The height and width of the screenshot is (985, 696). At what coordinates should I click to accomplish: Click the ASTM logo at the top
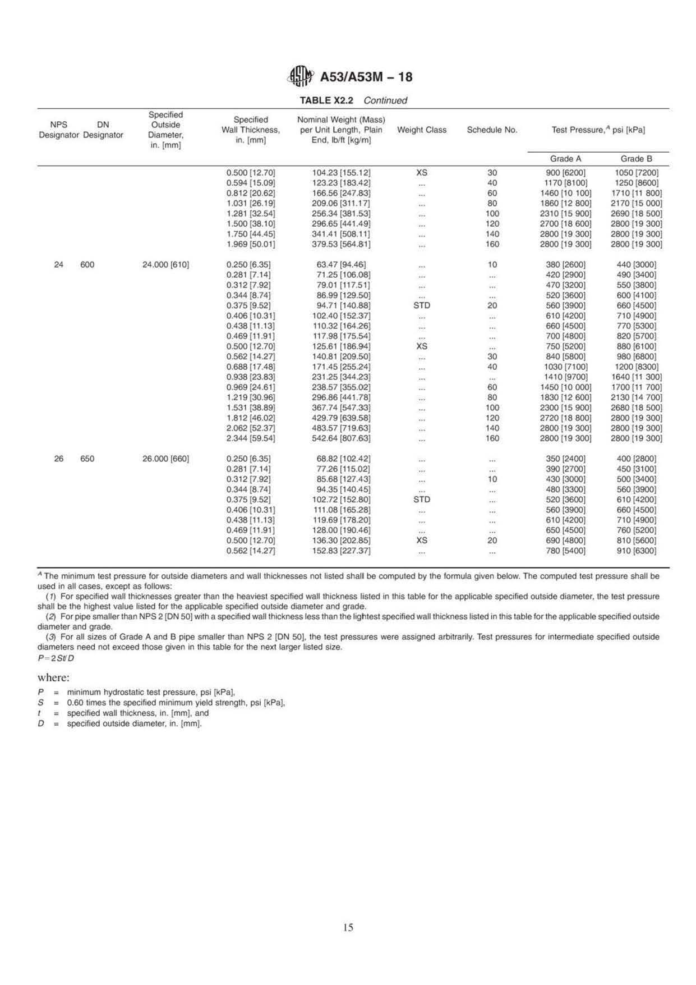tap(301, 77)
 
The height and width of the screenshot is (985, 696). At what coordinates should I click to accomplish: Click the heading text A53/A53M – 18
tap(366, 77)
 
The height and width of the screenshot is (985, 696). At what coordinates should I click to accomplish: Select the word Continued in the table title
tap(385, 100)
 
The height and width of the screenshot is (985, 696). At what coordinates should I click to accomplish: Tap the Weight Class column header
tap(422, 130)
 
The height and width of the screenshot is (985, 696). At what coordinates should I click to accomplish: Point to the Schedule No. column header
tap(492, 130)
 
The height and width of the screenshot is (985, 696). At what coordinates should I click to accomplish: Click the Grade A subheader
tap(561, 159)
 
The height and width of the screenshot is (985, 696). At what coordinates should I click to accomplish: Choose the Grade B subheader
tap(636, 159)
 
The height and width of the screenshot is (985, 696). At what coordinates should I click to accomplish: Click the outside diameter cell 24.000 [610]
tap(165, 264)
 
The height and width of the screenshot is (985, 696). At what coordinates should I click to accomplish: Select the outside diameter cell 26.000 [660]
tap(165, 459)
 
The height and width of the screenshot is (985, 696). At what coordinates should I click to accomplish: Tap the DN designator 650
tap(87, 459)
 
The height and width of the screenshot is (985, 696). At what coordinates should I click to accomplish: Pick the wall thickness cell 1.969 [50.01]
tap(251, 244)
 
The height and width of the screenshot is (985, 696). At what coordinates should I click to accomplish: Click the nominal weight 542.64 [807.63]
tap(341, 438)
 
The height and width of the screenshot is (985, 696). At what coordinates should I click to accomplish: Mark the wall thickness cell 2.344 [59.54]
tap(251, 438)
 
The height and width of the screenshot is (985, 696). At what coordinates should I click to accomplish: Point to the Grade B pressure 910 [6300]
tap(636, 551)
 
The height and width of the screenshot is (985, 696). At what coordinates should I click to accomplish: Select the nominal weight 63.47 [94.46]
tap(341, 264)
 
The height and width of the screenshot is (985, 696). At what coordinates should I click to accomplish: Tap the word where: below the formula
tap(53, 677)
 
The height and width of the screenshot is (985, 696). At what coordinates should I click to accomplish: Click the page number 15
tap(348, 928)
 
